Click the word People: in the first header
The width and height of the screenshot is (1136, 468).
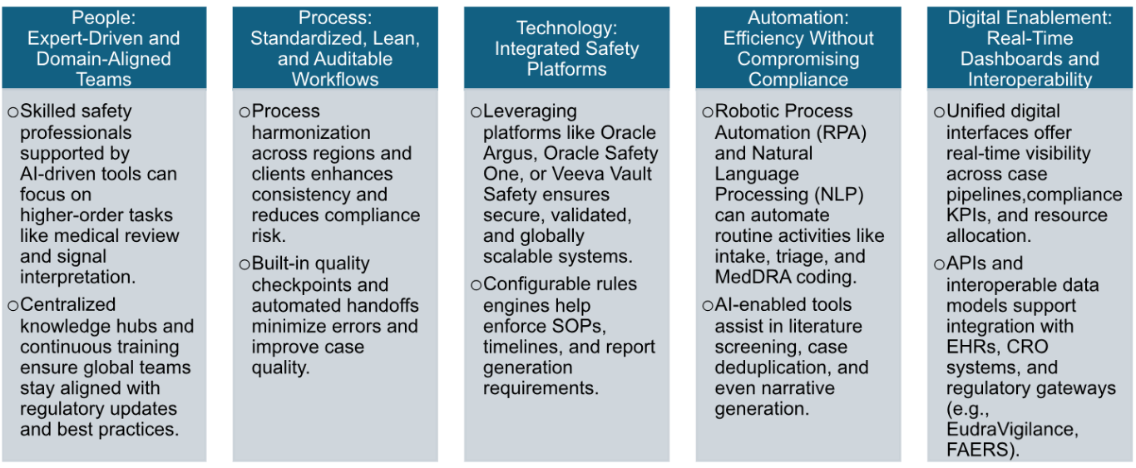click(x=103, y=17)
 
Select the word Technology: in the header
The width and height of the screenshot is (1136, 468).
click(x=566, y=28)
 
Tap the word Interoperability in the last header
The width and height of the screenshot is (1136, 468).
click(x=1030, y=80)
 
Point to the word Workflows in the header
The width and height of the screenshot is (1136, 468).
click(x=334, y=80)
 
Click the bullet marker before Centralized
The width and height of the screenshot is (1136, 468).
click(x=12, y=305)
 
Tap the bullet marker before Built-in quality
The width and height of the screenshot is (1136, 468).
click(x=244, y=264)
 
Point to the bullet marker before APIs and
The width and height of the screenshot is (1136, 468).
click(x=939, y=264)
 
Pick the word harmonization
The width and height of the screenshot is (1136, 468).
click(x=311, y=133)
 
